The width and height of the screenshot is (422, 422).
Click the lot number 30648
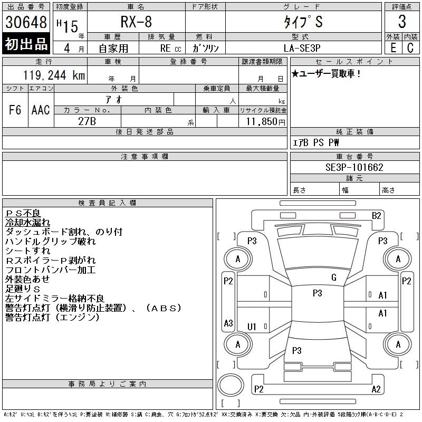pos(26,22)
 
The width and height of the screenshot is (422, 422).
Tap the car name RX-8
pos(136,22)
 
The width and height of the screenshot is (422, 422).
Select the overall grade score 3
pos(402,22)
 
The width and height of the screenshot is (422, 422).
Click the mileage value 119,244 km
pos(54,75)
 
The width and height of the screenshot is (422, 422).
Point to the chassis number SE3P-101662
pos(354,167)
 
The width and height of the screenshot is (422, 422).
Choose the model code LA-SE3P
pos(302,48)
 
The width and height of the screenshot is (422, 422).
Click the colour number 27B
pos(87,121)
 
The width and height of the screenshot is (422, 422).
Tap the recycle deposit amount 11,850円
pos(266,121)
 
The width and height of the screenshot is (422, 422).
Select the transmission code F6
pos(15,110)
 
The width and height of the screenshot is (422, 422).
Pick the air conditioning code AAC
pos(41,110)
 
